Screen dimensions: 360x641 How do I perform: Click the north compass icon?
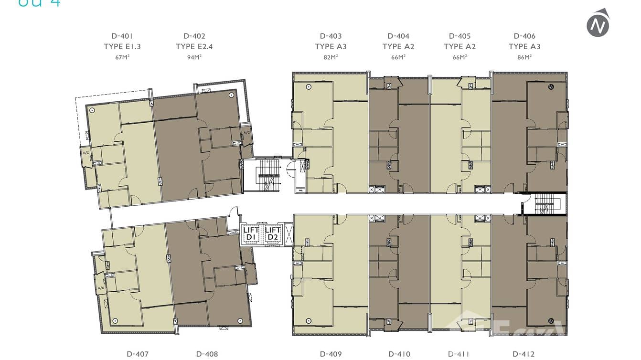[598, 23]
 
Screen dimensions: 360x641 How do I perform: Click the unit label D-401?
[122, 36]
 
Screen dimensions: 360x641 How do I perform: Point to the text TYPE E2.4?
[194, 46]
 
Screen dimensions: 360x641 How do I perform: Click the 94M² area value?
[194, 57]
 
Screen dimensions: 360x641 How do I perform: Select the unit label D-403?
[331, 36]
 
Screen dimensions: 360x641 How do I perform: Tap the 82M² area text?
[331, 57]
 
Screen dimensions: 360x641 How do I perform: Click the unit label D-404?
[398, 36]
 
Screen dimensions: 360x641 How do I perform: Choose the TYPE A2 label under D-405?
[459, 46]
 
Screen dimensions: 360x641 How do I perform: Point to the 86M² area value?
[524, 57]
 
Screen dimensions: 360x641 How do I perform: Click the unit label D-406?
[524, 36]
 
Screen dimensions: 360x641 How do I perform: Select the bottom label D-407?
[138, 354]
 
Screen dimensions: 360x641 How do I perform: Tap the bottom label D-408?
[207, 354]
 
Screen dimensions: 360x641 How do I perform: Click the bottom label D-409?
[331, 354]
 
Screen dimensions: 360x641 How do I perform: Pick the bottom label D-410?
[399, 354]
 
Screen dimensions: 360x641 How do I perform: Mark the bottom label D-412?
[523, 354]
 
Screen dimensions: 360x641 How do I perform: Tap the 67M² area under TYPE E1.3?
[122, 57]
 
